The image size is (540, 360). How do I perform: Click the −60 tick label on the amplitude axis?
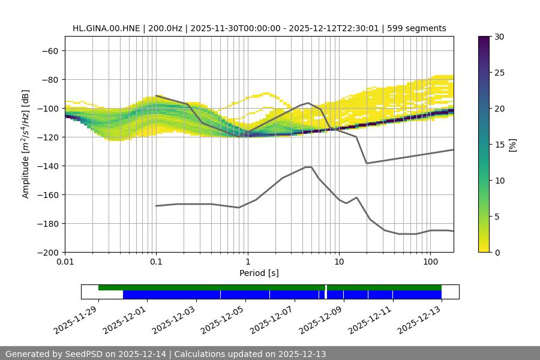(x=50, y=50)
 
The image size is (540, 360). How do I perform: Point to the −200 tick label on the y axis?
(x=47, y=252)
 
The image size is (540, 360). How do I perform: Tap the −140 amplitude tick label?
(x=47, y=166)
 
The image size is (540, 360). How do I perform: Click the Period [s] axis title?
(x=259, y=273)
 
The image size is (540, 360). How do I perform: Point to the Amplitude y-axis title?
(x=26, y=144)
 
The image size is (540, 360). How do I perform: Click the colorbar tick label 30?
(x=499, y=37)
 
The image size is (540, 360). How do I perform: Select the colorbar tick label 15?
(x=499, y=145)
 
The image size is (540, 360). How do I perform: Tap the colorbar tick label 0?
(x=497, y=252)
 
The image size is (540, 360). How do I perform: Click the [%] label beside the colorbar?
(x=512, y=145)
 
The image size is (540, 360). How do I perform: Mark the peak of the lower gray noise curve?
(x=308, y=167)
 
